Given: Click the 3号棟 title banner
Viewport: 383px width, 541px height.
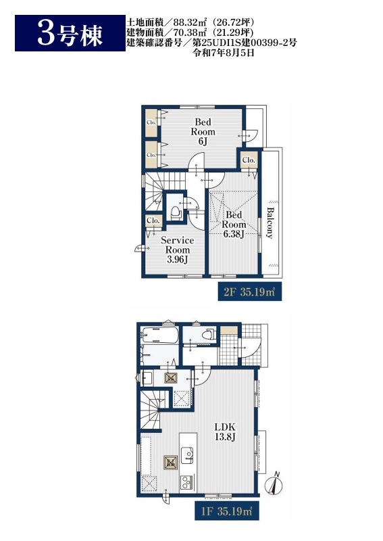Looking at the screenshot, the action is (x=70, y=33).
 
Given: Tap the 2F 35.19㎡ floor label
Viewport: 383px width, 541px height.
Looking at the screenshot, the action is (x=249, y=292).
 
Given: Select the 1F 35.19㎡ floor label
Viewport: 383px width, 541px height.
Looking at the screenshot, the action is (x=227, y=511).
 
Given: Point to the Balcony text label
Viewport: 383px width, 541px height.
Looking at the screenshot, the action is (x=270, y=223).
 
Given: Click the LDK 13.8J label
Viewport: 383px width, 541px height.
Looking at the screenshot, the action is (x=225, y=432).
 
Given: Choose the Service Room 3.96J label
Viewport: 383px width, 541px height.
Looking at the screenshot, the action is (x=177, y=250).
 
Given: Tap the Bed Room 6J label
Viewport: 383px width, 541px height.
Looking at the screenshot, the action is (x=203, y=131).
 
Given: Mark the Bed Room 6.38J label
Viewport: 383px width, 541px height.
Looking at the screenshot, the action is (x=234, y=225).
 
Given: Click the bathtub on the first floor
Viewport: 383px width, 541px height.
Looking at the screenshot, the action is (x=159, y=335).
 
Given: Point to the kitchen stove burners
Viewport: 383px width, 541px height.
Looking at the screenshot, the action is (x=187, y=481).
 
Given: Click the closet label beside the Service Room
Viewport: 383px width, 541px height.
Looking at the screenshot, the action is (x=153, y=220).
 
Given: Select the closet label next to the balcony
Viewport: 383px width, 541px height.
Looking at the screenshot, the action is (x=249, y=160).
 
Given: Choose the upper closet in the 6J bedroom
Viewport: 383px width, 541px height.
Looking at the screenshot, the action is (x=151, y=122).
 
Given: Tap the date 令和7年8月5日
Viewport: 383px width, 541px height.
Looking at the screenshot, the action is (x=224, y=53).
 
